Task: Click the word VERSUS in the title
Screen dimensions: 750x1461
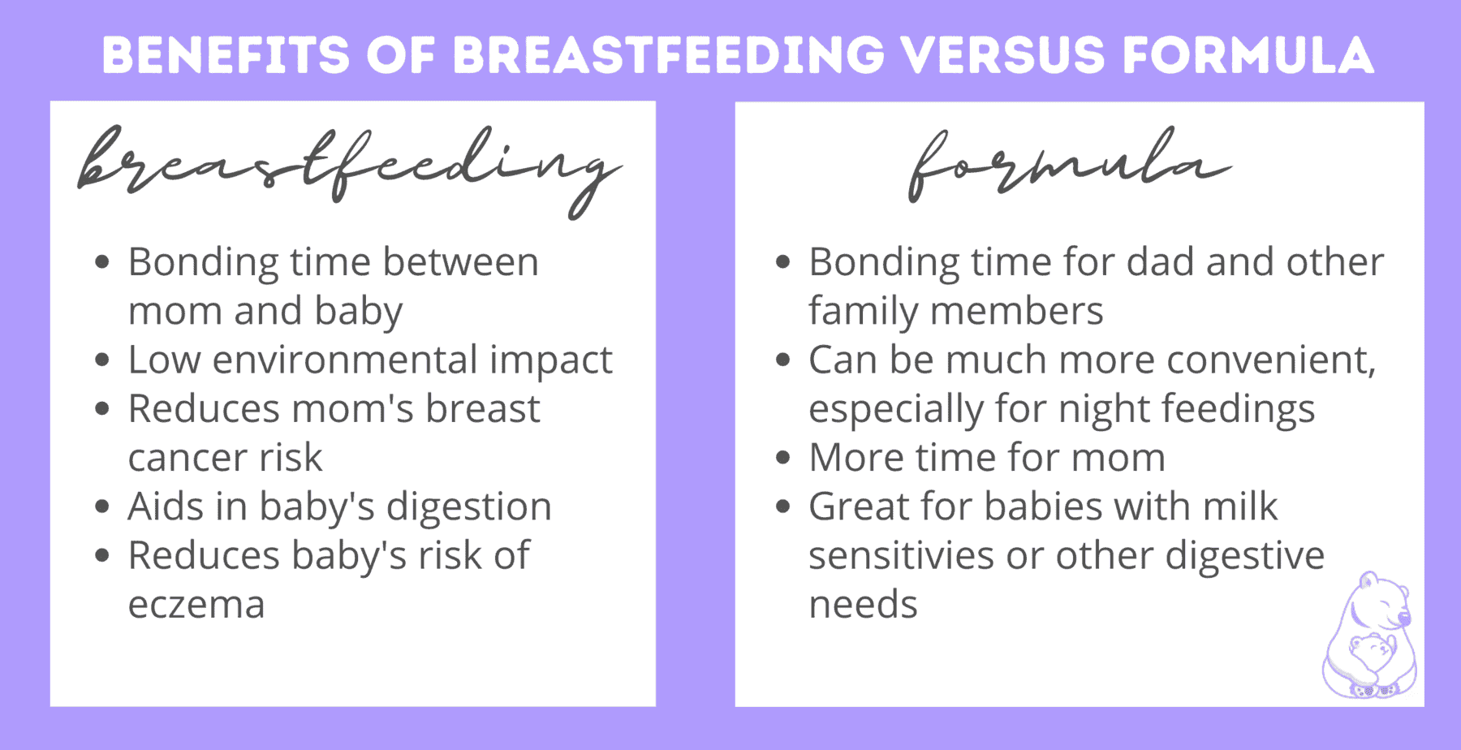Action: [1003, 55]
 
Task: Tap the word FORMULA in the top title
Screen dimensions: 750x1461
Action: [1248, 55]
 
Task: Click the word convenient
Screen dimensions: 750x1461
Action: [1271, 360]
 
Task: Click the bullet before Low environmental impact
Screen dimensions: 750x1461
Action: [102, 360]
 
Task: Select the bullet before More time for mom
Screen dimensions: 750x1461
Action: [783, 458]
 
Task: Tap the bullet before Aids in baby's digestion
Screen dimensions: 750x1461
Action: [102, 507]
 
